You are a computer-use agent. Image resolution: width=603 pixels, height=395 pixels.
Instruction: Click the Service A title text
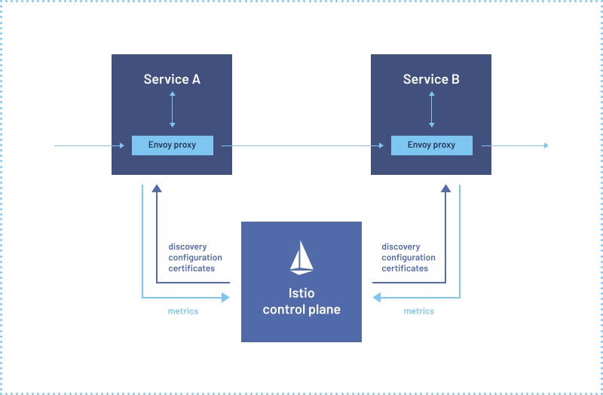tap(172, 79)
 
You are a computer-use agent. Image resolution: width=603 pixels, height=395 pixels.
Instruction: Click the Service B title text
tap(431, 79)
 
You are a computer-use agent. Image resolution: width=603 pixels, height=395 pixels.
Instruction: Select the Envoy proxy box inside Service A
tap(172, 145)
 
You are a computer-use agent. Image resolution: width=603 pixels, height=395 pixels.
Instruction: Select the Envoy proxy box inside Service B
tap(431, 145)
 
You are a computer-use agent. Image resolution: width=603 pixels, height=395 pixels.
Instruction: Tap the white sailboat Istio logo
tap(301, 257)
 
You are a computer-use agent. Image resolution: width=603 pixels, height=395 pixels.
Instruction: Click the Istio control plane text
tap(301, 302)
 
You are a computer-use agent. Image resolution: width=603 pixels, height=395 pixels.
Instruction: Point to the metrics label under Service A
tap(182, 311)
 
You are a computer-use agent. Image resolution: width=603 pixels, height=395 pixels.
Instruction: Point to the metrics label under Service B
tap(419, 311)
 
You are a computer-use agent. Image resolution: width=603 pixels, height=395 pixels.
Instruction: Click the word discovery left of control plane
tap(188, 246)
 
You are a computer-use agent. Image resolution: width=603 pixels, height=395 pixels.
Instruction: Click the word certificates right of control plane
tap(405, 268)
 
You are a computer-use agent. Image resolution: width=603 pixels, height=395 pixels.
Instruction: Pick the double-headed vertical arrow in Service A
tap(173, 109)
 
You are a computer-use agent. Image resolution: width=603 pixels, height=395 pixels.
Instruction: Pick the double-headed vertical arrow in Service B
tap(431, 109)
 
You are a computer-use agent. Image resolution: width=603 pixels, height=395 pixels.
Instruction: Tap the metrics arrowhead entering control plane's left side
tap(225, 298)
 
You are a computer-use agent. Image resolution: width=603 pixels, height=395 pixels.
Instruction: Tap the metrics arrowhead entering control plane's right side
tap(377, 298)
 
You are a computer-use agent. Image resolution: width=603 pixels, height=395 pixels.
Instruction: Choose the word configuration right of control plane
tap(409, 258)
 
